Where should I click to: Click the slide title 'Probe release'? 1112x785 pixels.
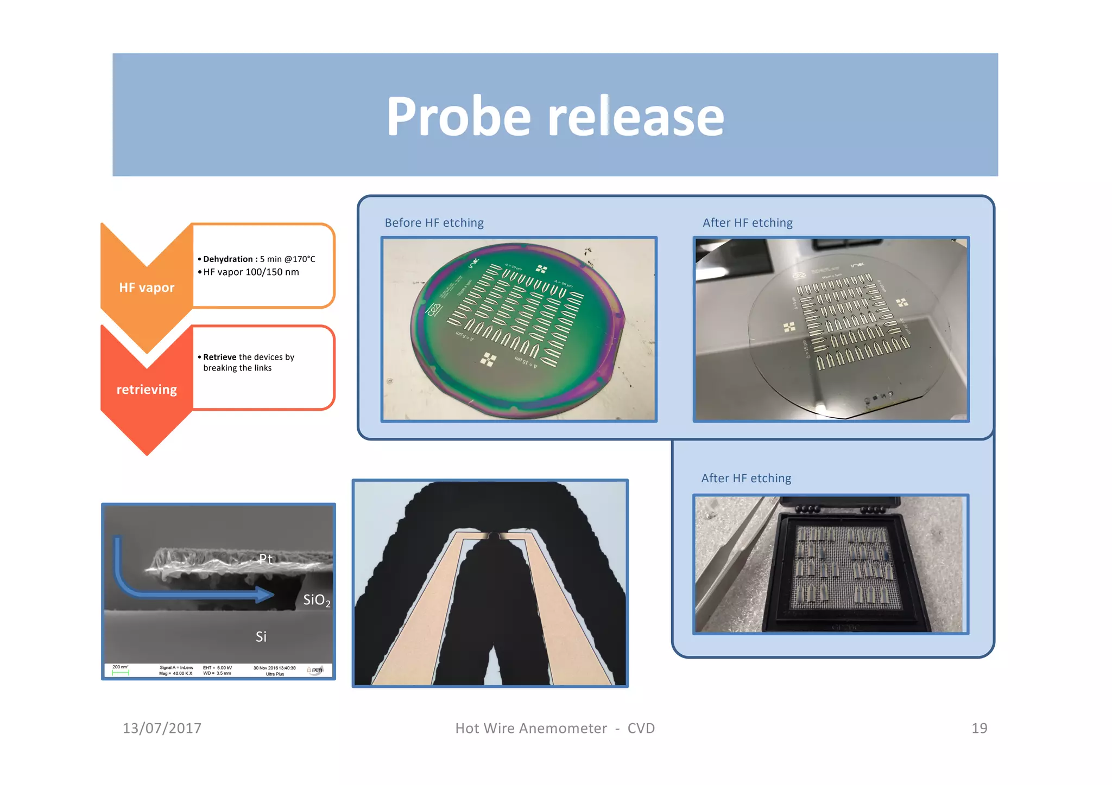[x=555, y=116]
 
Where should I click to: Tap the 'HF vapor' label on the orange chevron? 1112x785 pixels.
[x=147, y=288]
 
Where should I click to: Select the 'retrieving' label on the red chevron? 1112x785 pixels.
[x=147, y=390]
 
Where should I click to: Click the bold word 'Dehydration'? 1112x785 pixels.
[x=228, y=259]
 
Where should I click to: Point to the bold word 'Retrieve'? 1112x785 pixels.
[x=220, y=357]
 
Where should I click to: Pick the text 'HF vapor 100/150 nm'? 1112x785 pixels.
[x=251, y=272]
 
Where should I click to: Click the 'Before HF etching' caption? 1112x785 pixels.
[x=434, y=223]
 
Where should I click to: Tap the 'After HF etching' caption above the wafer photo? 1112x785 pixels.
[x=747, y=223]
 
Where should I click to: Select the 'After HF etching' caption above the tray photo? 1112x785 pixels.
[x=745, y=478]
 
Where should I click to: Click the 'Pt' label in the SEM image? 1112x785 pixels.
[x=266, y=559]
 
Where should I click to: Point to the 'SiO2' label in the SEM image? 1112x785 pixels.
[x=316, y=600]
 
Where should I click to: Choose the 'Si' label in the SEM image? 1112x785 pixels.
[x=261, y=637]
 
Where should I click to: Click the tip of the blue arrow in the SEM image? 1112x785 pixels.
[x=271, y=595]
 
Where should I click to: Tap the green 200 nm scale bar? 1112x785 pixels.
[x=121, y=673]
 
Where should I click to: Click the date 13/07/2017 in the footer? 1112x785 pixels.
[x=162, y=728]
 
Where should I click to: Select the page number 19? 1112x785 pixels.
[x=979, y=728]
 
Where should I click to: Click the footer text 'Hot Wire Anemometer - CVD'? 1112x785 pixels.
[x=555, y=728]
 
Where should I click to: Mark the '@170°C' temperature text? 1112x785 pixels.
[x=300, y=259]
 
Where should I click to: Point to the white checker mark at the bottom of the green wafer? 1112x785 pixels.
[x=489, y=359]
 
